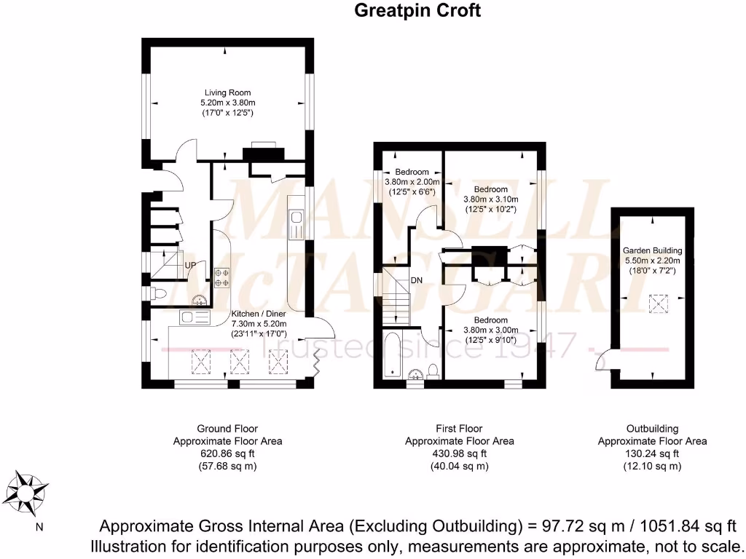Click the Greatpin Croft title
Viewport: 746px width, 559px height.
(x=417, y=11)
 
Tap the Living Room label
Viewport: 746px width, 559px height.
(x=227, y=92)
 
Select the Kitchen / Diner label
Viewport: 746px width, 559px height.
(x=259, y=314)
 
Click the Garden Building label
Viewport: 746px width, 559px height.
(x=651, y=250)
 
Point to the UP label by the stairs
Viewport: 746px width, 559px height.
(x=190, y=265)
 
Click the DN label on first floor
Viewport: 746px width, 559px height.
(x=417, y=279)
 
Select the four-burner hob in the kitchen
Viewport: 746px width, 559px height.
(x=221, y=278)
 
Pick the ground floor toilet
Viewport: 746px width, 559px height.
(x=159, y=293)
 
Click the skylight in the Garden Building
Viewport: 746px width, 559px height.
(x=659, y=304)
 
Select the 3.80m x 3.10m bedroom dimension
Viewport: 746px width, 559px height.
(x=491, y=199)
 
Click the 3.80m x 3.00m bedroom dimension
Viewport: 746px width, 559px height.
(x=491, y=330)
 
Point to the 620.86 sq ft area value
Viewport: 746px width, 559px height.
(x=227, y=453)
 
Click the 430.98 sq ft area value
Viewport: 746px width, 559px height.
(x=459, y=453)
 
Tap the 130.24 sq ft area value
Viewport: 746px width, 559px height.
(x=652, y=453)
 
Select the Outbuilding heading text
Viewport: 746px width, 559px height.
(x=652, y=429)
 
